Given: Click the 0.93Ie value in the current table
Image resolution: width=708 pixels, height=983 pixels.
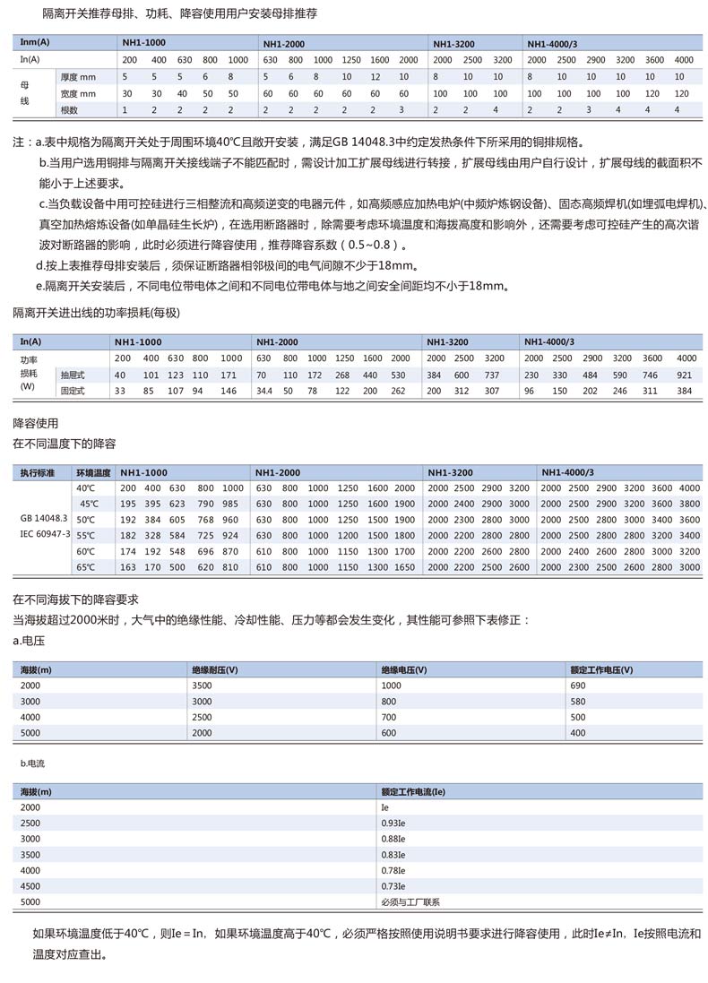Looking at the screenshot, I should coord(393,823).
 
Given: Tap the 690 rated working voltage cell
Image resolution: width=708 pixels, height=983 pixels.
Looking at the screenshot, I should coord(578,685).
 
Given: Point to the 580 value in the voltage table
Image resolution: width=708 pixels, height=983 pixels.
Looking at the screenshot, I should coord(578,701).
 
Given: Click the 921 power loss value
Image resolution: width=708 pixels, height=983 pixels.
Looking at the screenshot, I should coord(685,375).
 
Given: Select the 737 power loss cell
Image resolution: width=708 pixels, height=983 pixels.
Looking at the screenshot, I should coord(492,375).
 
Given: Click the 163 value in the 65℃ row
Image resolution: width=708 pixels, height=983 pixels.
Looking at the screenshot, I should coord(127,567).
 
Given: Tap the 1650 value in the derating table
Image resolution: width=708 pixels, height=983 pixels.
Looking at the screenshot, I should coord(404,567).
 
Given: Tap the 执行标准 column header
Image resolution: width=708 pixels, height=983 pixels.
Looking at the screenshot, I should coord(38,471).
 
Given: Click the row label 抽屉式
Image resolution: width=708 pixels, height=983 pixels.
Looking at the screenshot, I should coord(73,375).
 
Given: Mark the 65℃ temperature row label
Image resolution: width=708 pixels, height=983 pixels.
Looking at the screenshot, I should coord(85,567).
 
